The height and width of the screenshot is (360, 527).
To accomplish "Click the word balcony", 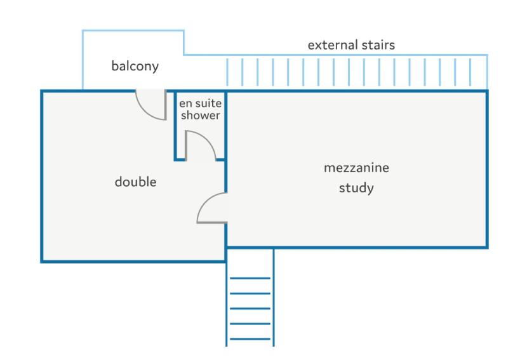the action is (135, 66).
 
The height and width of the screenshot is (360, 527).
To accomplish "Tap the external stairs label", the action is (351, 45).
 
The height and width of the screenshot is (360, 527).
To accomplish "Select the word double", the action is (135, 182).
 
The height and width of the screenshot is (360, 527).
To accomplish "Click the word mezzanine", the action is (356, 168).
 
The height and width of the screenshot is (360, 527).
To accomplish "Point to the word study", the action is (356, 188).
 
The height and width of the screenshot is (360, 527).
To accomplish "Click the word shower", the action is (200, 116).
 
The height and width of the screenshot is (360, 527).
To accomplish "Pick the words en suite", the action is (200, 103).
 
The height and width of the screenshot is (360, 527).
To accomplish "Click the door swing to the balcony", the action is (145, 112).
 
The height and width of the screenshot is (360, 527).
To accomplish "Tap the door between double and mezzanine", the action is (204, 202).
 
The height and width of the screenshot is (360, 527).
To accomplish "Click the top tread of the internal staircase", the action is (250, 278).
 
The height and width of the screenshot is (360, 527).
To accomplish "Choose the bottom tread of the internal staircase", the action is (250, 339).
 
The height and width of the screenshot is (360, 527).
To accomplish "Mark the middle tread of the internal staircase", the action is (250, 309).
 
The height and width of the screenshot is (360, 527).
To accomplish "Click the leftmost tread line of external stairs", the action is (227, 72).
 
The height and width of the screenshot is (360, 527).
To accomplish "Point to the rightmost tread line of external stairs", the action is (470, 72).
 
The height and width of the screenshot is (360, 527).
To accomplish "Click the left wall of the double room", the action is (42, 176).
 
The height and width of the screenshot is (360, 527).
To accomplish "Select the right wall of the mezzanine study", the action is (486, 169).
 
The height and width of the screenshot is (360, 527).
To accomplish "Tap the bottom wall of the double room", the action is (133, 261).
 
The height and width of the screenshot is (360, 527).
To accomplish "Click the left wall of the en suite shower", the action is (175, 125).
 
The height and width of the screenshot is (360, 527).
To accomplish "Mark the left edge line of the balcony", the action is (83, 60).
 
